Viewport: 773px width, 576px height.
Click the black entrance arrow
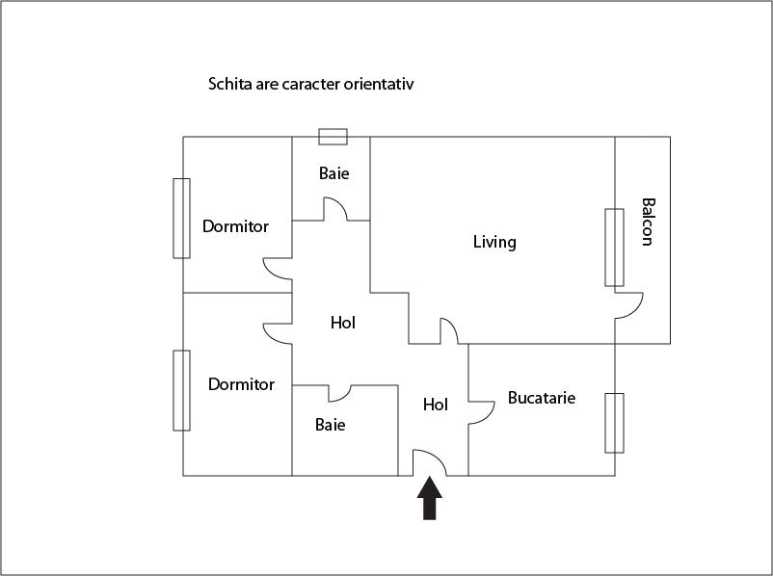pos(429,498)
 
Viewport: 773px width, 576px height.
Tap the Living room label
pos(494,242)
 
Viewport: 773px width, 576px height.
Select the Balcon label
pos(649,222)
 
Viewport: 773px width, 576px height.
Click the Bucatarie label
pos(542,398)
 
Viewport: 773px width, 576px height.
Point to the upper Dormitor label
pos(235,226)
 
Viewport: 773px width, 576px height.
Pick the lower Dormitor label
pos(241,384)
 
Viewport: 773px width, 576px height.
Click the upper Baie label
pos(333,173)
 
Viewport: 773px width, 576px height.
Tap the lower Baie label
pos(330,425)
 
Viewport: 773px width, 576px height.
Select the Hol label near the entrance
pos(436,405)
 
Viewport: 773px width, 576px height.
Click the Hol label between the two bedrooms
pos(343,323)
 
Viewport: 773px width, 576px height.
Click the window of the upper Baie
pos(333,137)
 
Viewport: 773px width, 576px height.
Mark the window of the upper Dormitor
pos(181,219)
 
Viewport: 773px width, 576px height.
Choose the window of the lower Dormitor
pos(181,390)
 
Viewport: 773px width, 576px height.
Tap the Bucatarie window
pos(614,423)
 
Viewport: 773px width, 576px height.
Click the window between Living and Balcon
pos(614,248)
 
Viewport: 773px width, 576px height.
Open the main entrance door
pos(429,462)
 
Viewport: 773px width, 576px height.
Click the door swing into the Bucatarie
pos(481,413)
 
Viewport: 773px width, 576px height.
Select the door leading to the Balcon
pos(629,305)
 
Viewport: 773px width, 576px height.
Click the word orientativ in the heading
pos(379,84)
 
